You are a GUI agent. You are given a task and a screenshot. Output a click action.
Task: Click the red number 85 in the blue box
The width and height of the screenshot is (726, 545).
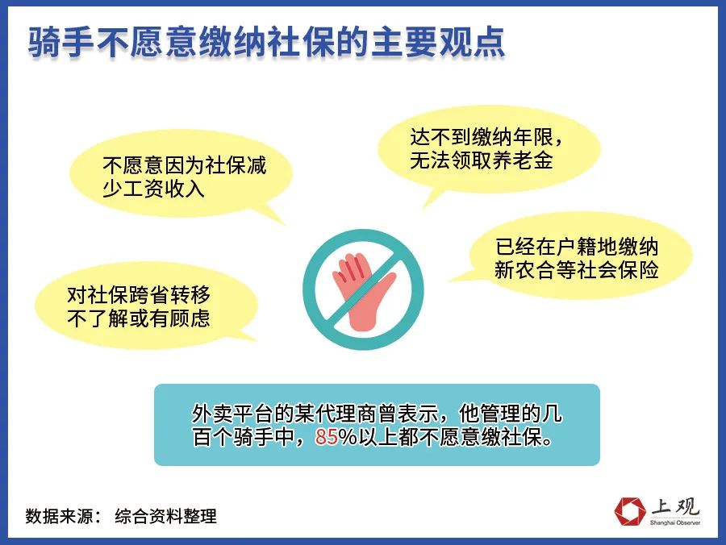point(327,436)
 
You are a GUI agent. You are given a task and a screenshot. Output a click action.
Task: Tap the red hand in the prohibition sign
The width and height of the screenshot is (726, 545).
point(364,290)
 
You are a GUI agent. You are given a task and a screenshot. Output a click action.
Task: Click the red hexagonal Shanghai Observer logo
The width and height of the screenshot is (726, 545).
point(630,511)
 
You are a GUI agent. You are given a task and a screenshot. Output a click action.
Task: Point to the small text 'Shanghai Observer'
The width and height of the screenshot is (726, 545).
point(674,522)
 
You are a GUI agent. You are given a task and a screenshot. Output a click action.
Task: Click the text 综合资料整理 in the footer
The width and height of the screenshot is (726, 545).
point(165,516)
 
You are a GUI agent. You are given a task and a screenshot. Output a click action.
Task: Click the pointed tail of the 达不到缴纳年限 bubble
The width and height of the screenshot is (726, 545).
point(424,207)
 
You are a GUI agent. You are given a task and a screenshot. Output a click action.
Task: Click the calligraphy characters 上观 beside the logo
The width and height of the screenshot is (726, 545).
point(674,507)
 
